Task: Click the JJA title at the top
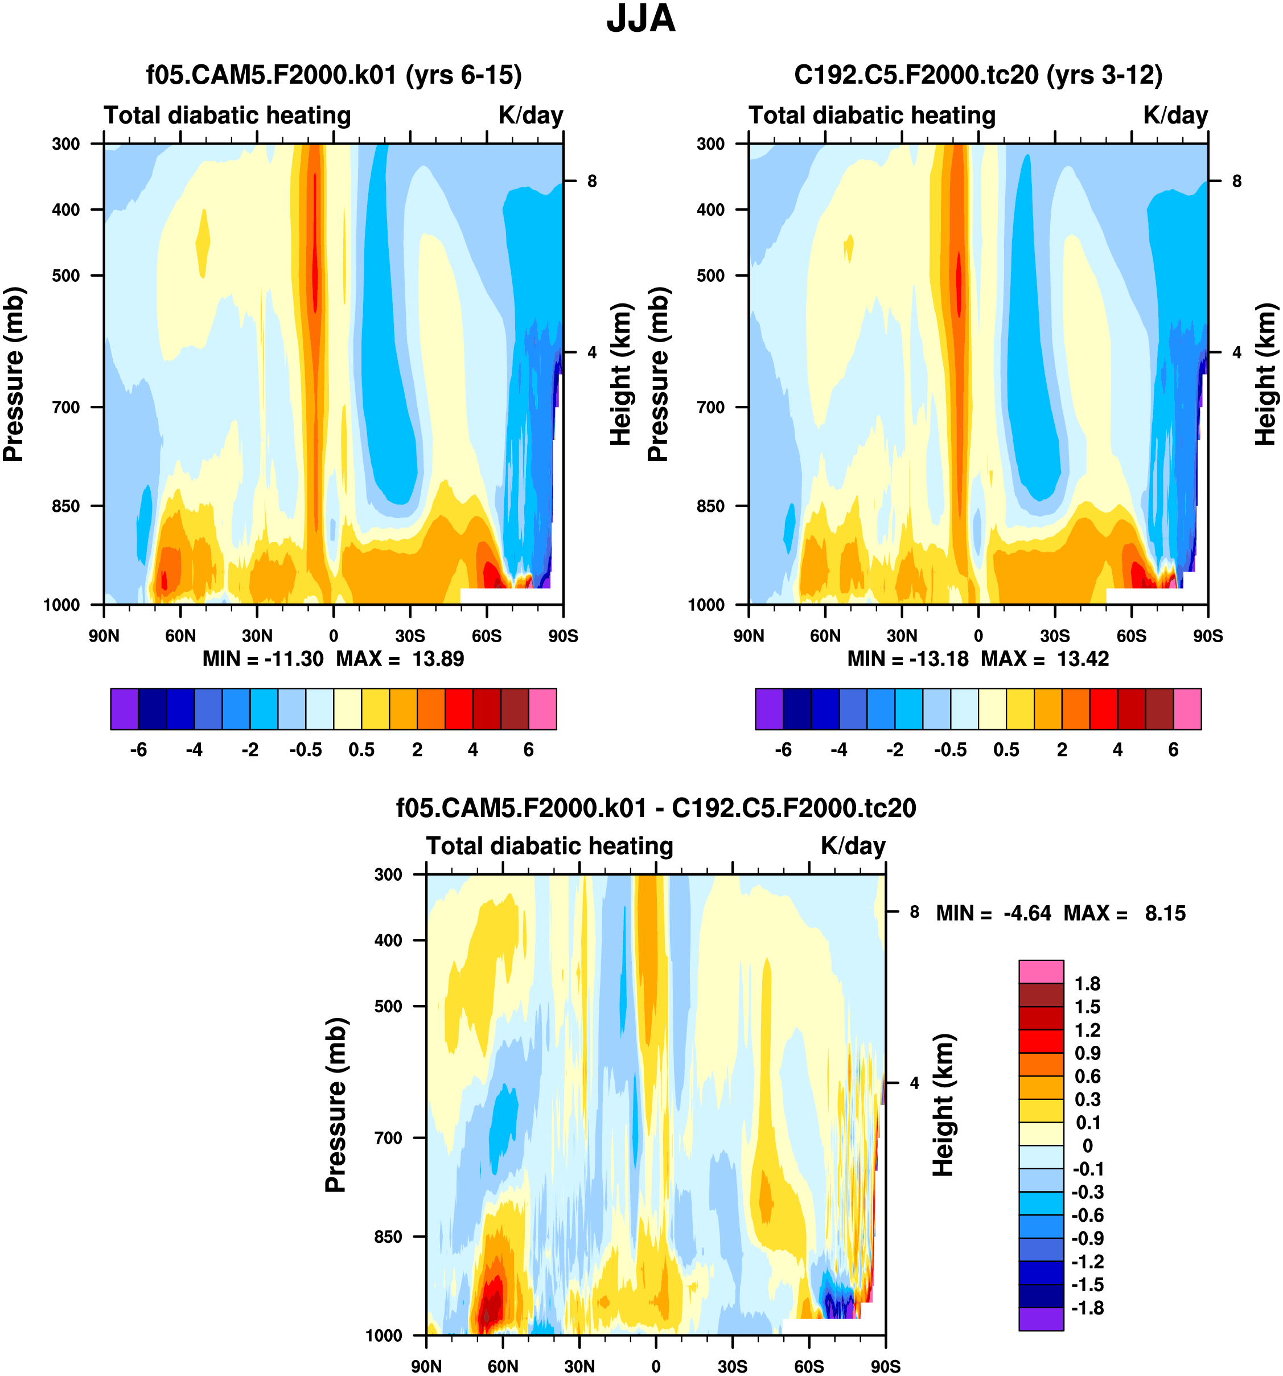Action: point(640,19)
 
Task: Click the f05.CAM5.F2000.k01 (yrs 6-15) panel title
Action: point(334,75)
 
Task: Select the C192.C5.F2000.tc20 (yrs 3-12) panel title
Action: point(978,75)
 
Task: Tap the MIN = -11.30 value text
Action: point(263,658)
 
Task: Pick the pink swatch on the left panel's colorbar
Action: point(542,709)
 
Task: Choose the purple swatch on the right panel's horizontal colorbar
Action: point(769,709)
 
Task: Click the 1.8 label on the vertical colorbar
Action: point(1087,984)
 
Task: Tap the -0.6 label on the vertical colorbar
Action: point(1087,1215)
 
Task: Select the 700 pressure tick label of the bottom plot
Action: point(388,1137)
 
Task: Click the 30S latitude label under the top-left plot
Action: point(410,635)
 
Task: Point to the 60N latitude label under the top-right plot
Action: point(825,635)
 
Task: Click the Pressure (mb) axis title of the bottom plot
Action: point(336,1104)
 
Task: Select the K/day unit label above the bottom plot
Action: point(853,846)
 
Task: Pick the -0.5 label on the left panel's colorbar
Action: point(305,750)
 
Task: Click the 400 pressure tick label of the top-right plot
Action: point(711,209)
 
